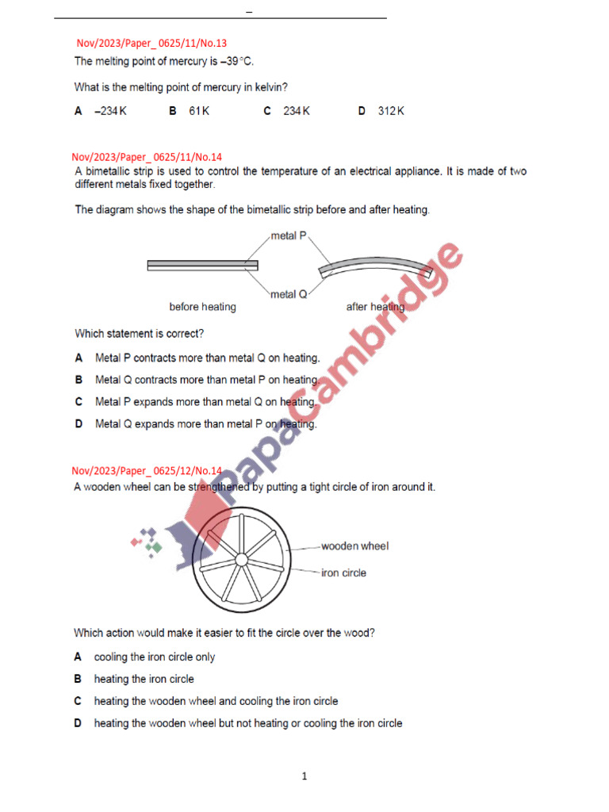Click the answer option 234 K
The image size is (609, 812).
[x=296, y=112]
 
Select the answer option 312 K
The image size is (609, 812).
[x=390, y=112]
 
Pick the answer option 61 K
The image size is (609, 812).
[x=199, y=112]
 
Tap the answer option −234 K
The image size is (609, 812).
[x=110, y=112]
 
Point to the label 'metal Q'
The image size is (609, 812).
[x=289, y=294]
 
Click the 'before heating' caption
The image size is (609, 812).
[x=202, y=307]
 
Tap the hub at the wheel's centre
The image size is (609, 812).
[x=241, y=559]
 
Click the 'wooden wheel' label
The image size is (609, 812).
[x=354, y=546]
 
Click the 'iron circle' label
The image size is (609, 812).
[x=343, y=573]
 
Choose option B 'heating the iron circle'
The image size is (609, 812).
[x=144, y=679]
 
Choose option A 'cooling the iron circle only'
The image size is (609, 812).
[x=155, y=657]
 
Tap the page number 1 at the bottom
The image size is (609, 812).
[x=304, y=776]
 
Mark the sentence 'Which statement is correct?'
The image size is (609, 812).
[x=140, y=334]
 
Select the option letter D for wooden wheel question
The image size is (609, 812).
[x=79, y=723]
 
